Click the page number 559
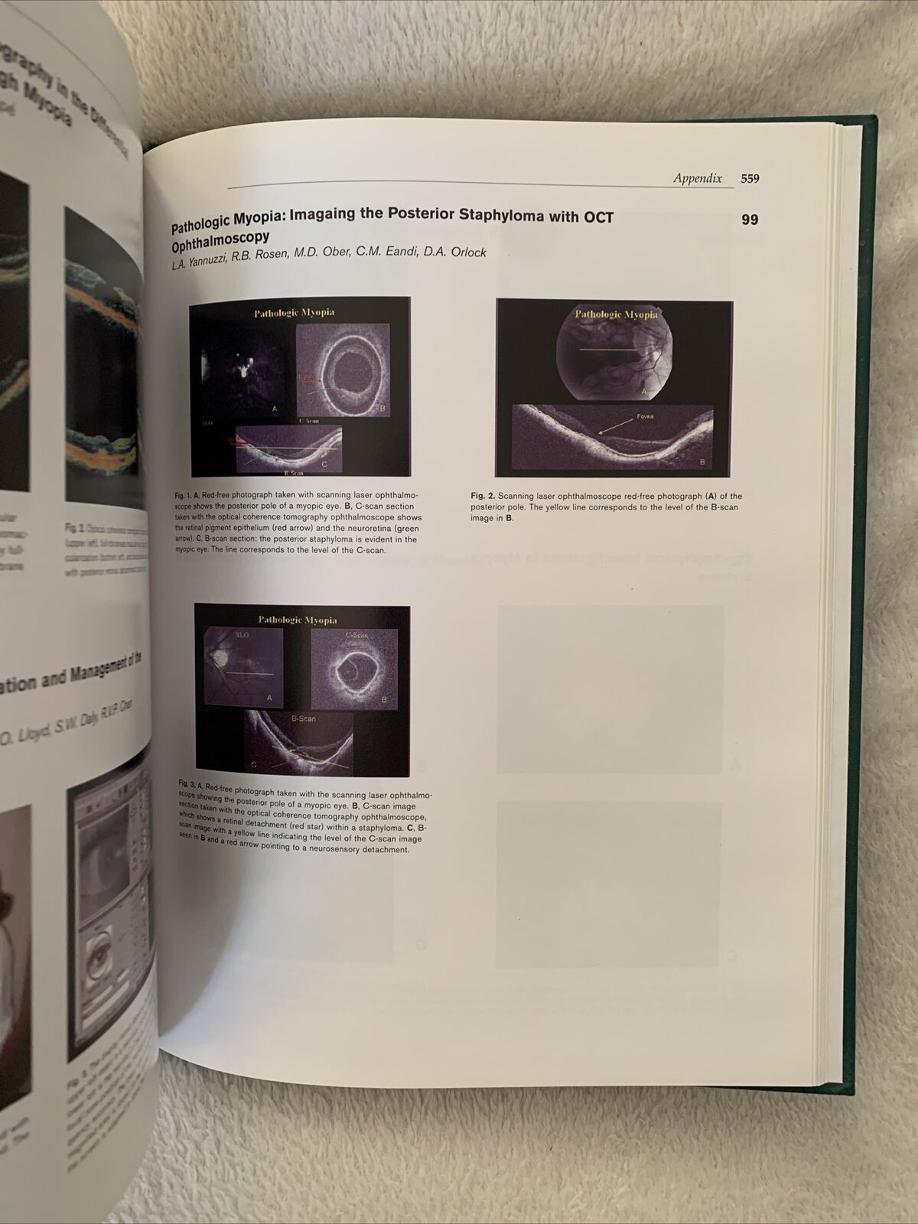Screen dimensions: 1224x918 click(750, 179)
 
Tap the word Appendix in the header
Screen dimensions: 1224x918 click(697, 178)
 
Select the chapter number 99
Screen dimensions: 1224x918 click(750, 220)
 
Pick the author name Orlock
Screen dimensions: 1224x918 click(464, 252)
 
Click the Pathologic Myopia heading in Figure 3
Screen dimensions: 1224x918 click(297, 620)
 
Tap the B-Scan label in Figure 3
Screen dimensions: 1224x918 click(303, 719)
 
